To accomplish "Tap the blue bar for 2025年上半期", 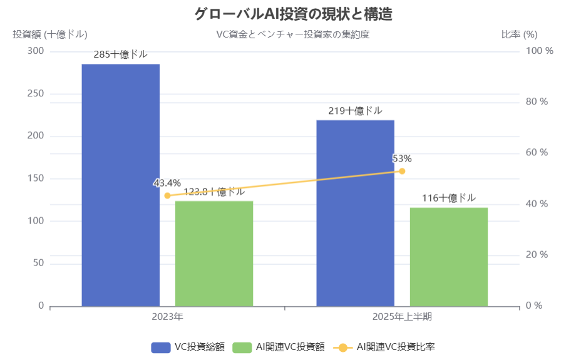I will click(355, 213).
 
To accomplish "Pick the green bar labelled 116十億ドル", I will click(448, 257).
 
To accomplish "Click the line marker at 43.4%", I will click(167, 195).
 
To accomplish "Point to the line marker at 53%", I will click(402, 171).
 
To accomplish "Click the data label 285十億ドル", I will click(120, 54).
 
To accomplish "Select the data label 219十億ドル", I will click(355, 111).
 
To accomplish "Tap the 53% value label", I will click(402, 158).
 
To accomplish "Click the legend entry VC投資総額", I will click(188, 347).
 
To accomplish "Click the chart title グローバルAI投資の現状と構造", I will click(293, 14).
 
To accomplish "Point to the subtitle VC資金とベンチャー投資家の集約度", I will click(293, 34).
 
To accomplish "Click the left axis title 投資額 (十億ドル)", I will click(50, 34).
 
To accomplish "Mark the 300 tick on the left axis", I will click(36, 51).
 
